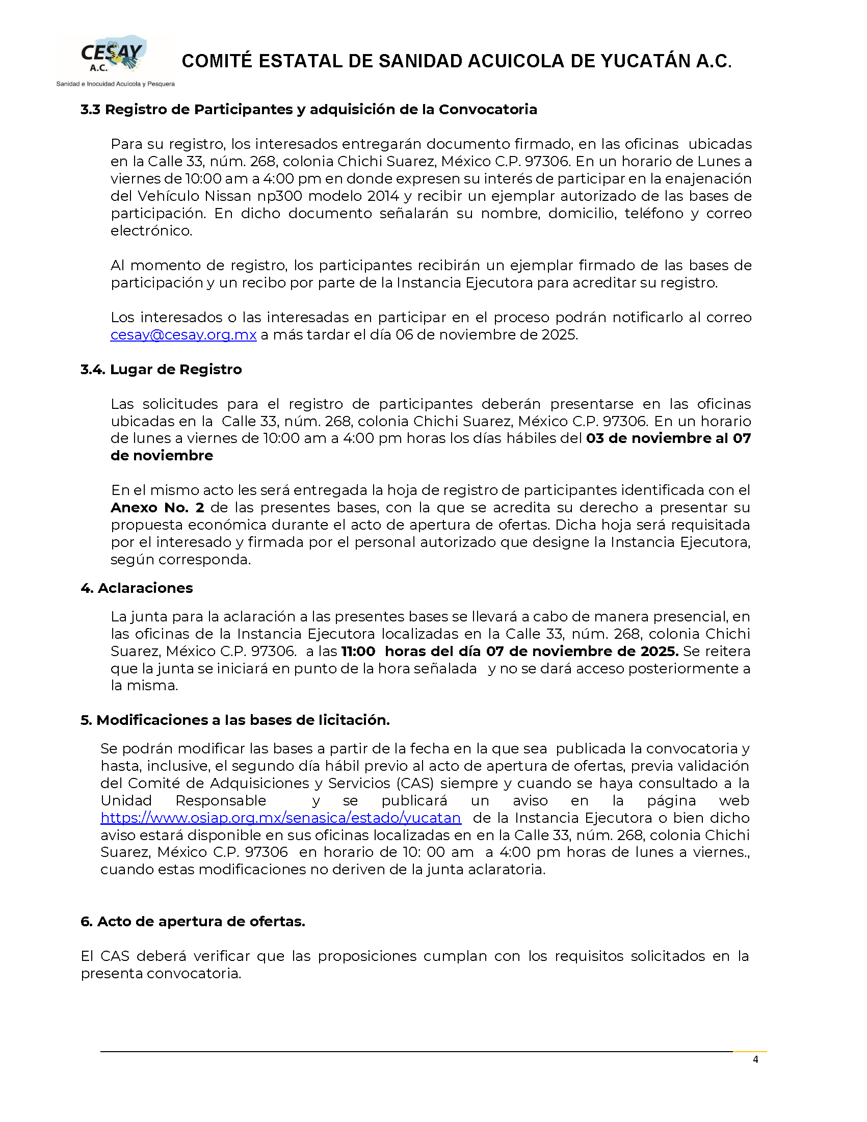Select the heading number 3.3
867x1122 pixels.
click(x=90, y=110)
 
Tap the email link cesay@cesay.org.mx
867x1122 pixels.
click(x=183, y=335)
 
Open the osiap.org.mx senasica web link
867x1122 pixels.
click(x=280, y=818)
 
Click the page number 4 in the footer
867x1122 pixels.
click(x=755, y=1059)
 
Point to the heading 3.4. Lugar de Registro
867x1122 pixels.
click(x=161, y=370)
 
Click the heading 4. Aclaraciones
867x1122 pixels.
click(x=137, y=588)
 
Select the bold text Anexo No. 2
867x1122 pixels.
click(x=157, y=508)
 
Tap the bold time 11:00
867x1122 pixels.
click(x=358, y=651)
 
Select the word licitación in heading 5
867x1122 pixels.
click(x=354, y=720)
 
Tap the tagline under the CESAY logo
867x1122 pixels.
click(x=115, y=84)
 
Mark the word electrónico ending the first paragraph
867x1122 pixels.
click(x=151, y=230)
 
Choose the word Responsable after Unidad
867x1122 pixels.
click(x=221, y=801)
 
